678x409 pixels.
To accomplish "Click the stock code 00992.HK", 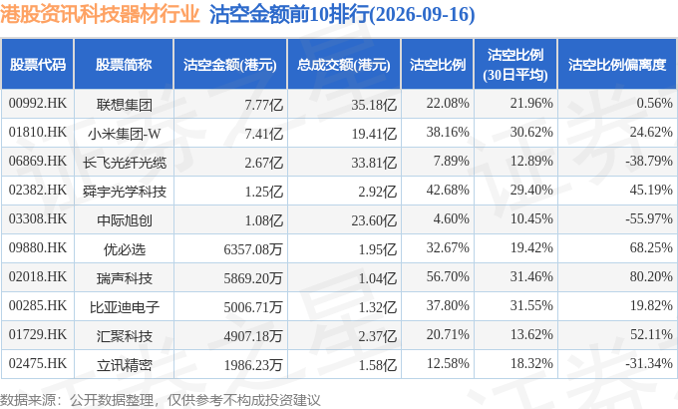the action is coord(38,103).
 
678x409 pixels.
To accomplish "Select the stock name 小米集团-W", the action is coord(124,134).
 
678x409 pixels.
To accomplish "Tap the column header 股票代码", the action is coord(38,65).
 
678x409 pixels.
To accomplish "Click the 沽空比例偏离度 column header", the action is coord(617,65).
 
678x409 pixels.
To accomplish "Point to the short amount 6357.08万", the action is coord(253,249).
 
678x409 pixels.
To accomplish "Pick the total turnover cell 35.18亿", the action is coord(374,105).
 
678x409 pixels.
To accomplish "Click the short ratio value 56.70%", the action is coord(448,276).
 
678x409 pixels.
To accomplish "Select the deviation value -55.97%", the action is coord(649,218).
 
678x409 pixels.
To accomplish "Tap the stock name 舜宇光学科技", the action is coord(124,192).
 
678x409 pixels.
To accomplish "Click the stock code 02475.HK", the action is coord(38,363).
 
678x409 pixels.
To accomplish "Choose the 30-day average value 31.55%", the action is coord(531,305).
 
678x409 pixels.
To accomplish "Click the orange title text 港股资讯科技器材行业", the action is coord(100,14).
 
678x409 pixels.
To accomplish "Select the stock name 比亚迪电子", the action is coord(124,307).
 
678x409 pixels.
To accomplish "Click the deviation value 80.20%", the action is coord(651,276).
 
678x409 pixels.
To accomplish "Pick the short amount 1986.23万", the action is coord(253,365).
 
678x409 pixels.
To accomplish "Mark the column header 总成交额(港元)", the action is coord(344,65).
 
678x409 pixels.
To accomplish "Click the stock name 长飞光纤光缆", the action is coord(124,163).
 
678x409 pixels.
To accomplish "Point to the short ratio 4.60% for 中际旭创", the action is coord(451,218).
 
